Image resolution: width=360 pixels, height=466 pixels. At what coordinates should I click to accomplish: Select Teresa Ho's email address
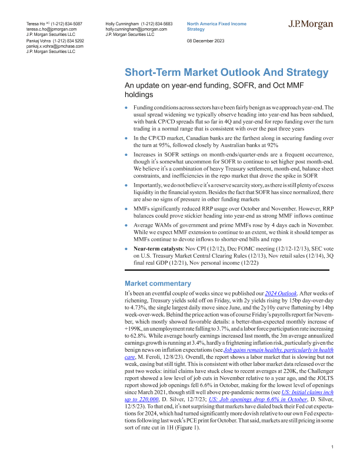click(x=52, y=28)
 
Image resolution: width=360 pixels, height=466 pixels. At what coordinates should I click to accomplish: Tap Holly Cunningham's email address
click(x=136, y=28)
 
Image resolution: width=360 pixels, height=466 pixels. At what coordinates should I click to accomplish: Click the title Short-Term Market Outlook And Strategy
click(x=226, y=73)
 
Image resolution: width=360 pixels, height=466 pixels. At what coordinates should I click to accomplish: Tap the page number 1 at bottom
click(x=333, y=448)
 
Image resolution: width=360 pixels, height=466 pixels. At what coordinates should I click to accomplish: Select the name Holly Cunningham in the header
click(x=122, y=22)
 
